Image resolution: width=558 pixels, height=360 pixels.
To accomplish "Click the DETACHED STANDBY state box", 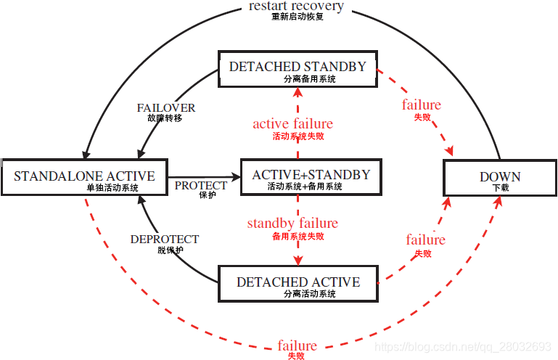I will (x=298, y=70).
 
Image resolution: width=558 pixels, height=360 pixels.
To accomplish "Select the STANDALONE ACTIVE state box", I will (x=84, y=176).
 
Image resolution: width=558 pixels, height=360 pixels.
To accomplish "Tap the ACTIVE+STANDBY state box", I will (x=311, y=176).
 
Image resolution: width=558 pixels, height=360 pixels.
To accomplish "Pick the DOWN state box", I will (x=500, y=176).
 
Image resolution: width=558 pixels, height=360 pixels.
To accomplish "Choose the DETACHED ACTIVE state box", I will (x=298, y=283).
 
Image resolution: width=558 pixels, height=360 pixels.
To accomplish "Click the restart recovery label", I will (x=296, y=7).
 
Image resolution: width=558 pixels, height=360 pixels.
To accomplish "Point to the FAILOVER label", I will (x=166, y=107).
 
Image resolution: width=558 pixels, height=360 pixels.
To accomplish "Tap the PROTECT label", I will (x=201, y=185).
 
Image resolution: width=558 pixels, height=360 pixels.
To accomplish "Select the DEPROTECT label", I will (x=165, y=239).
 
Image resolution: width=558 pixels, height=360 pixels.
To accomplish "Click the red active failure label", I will (x=292, y=124).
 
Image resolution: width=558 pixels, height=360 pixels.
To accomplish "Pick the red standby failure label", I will (x=292, y=223).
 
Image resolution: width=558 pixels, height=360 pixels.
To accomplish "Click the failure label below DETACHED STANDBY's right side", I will (x=421, y=105).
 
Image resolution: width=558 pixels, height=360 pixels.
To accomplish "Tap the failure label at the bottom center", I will (x=297, y=345).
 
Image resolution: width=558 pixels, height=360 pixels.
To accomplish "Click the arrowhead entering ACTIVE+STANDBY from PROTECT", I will (x=236, y=176).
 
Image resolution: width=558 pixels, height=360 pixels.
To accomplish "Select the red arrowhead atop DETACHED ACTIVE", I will (x=298, y=261).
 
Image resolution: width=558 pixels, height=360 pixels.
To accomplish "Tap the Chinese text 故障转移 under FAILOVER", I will (x=165, y=118).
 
